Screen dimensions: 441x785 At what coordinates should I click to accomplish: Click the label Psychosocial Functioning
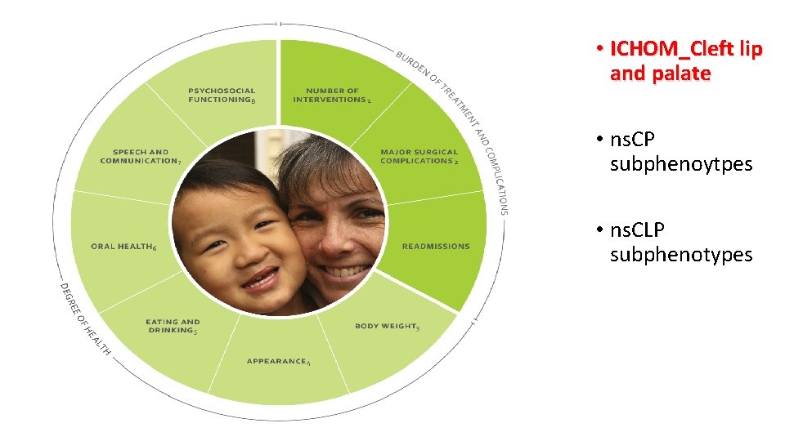click(222, 95)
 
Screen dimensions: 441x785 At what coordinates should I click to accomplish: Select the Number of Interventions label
click(332, 95)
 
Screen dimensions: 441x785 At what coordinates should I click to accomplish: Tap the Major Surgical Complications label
click(419, 156)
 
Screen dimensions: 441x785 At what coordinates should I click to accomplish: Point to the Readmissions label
click(436, 246)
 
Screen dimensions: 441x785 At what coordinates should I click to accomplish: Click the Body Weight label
click(387, 326)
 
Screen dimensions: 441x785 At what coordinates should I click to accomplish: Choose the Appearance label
click(278, 361)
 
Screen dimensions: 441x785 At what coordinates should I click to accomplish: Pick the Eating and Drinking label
click(173, 326)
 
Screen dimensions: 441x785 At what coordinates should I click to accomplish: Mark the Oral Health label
click(123, 246)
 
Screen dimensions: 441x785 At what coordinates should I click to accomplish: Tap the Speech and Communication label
click(140, 156)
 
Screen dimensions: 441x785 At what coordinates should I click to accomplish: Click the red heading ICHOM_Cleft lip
click(685, 49)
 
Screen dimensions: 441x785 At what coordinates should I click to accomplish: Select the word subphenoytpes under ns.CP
click(681, 164)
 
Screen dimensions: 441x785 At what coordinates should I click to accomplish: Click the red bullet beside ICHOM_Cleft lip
click(599, 50)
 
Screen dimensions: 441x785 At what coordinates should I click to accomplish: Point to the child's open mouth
click(260, 280)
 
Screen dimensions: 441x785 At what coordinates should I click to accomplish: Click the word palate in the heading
click(682, 73)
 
